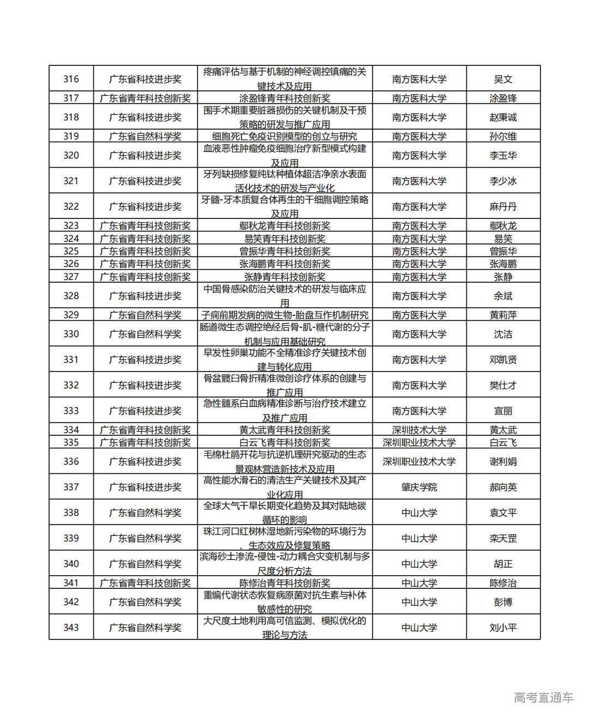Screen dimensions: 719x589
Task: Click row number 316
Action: pos(71,79)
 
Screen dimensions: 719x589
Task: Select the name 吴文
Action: pos(503,79)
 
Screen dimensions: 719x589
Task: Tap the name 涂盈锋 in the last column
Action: pos(503,98)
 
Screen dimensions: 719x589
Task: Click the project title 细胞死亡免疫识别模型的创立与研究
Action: pos(285,136)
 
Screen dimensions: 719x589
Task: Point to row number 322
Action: pos(71,206)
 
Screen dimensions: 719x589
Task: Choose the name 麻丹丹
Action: pos(503,206)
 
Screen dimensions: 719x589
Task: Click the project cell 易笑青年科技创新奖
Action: pos(285,239)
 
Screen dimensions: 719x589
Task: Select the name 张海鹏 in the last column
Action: pos(503,264)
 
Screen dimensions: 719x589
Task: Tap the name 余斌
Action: pos(503,296)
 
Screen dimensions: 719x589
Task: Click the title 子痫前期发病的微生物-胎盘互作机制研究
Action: pos(285,315)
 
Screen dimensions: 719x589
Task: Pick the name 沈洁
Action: pos(503,334)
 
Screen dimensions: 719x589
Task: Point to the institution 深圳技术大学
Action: pos(419,430)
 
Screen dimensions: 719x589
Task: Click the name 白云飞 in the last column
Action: pos(503,442)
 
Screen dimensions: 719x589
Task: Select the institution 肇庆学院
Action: pos(419,487)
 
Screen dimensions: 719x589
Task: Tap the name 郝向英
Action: pos(503,487)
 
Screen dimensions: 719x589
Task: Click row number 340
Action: pos(71,564)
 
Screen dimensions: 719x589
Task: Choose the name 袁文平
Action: pos(503,513)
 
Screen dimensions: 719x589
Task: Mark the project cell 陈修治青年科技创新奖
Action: pos(285,583)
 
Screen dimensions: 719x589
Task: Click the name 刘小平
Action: pos(503,627)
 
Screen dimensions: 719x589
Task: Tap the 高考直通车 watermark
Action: pos(543,697)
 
